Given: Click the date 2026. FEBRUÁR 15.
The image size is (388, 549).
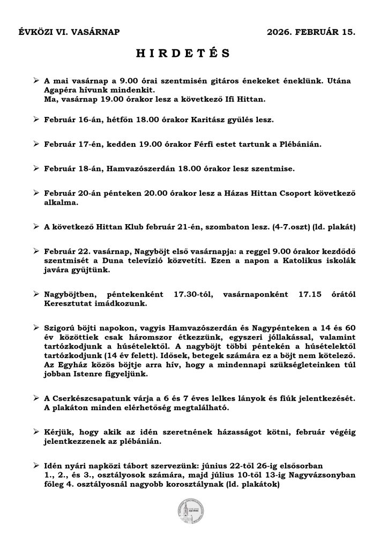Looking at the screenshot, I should click(x=311, y=32).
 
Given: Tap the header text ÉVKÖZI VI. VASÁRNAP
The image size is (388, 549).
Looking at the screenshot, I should click(x=70, y=32).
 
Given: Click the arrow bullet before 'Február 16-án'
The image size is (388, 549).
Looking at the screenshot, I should click(x=36, y=121).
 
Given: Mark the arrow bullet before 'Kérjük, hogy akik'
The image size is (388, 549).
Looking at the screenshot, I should click(x=36, y=432).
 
